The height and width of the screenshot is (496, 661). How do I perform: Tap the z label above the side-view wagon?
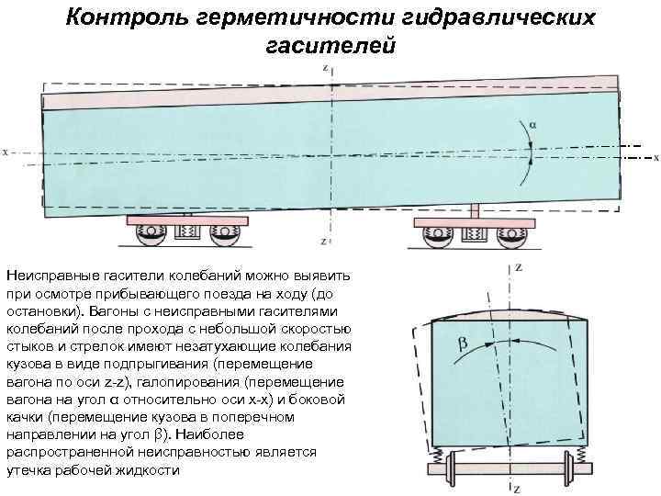[324, 67]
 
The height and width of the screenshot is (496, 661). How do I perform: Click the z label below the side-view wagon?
[324, 242]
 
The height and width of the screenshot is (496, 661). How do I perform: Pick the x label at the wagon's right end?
[655, 156]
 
